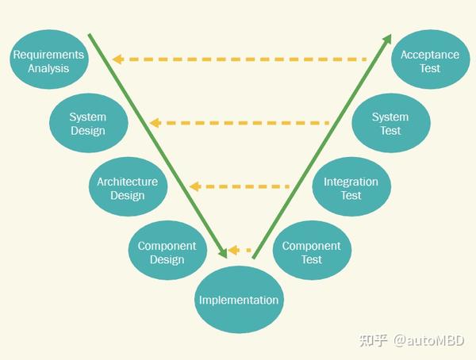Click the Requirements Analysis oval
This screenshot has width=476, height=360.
point(48,60)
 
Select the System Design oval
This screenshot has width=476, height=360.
point(87,124)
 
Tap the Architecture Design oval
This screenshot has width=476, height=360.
point(127,188)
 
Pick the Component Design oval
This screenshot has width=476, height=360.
point(167,252)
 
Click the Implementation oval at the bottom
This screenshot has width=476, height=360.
point(238,301)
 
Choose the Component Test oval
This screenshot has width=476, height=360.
point(311,252)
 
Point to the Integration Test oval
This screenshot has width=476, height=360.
point(351,188)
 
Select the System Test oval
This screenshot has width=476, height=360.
point(390,124)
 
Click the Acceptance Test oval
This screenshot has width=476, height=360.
point(430,60)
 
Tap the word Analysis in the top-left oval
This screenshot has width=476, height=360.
point(48,68)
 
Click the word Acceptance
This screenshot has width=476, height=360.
point(430,55)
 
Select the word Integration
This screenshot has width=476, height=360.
point(351,182)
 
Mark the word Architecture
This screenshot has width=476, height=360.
point(127,182)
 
